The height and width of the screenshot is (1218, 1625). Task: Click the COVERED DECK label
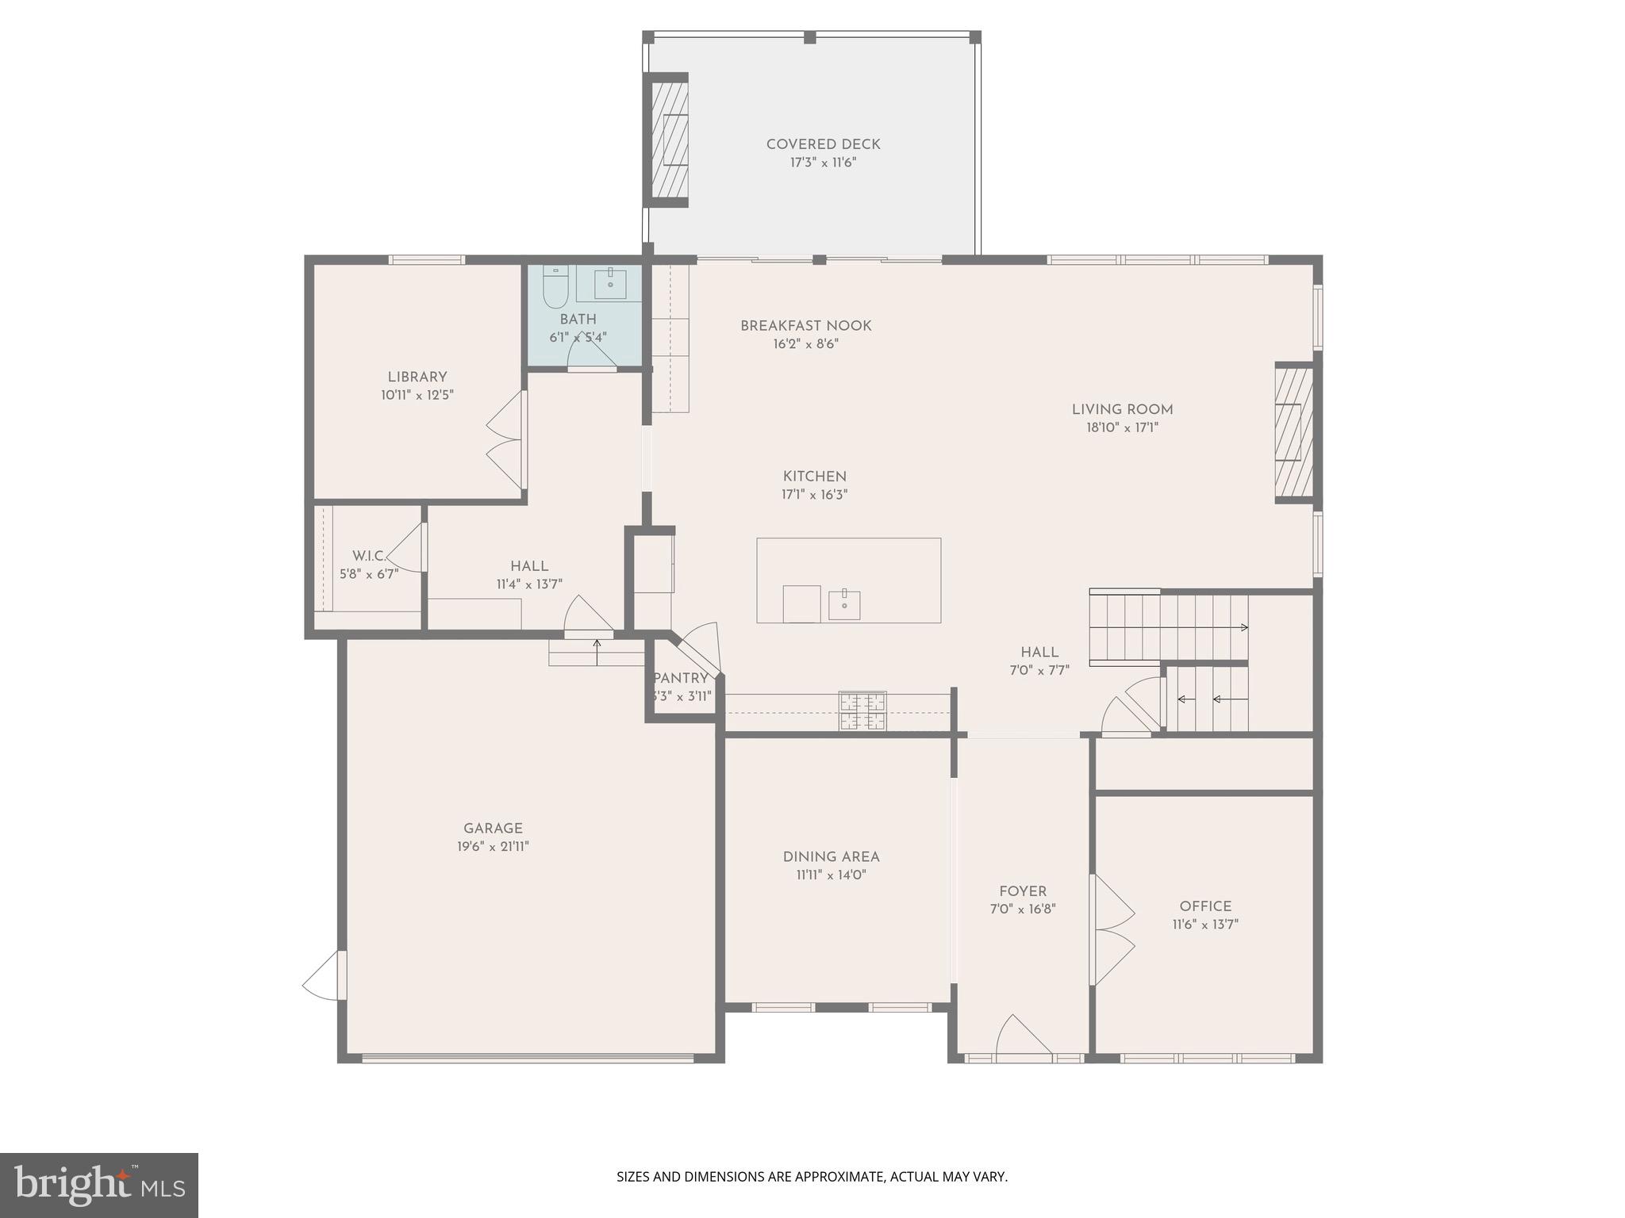pos(823,144)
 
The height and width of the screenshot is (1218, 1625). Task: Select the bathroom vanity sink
pos(610,282)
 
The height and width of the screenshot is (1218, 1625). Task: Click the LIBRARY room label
pos(417,377)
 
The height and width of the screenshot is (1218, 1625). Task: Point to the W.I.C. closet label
pos(369,556)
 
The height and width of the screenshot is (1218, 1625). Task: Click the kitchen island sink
pos(844,605)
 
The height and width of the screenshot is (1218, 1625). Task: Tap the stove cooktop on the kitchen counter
pos(862,711)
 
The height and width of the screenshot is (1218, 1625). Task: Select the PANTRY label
pos(681,679)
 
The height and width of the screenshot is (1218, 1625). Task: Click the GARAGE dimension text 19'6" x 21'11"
pos(493,847)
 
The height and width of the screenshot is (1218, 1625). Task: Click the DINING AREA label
pos(831,857)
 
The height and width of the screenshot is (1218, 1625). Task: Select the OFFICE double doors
pos(1112,929)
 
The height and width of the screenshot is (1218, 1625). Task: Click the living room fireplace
pos(1293,433)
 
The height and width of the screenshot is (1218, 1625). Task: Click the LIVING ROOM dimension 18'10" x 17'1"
pos(1122,428)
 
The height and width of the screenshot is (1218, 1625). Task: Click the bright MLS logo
pos(99,1185)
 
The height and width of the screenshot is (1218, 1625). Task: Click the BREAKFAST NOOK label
pos(805,326)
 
